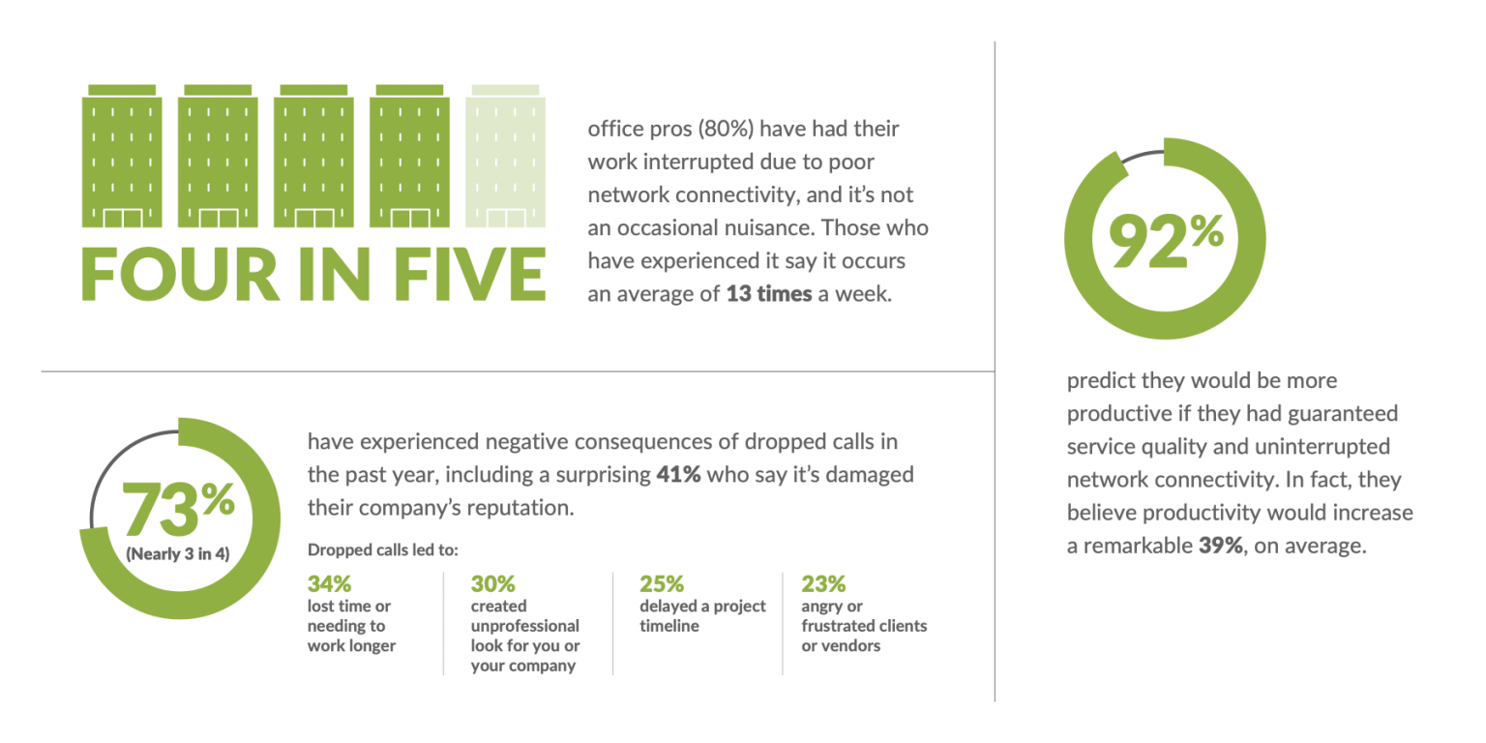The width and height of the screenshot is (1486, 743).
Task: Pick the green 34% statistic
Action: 329,584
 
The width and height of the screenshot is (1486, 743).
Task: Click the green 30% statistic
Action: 492,584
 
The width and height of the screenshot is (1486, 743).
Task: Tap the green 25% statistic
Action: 662,584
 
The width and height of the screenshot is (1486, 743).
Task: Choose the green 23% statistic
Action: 823,584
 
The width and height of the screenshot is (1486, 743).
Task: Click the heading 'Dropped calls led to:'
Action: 382,550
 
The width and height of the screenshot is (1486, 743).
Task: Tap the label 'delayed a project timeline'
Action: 702,615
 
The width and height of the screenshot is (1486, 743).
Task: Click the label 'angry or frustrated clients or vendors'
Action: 864,625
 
